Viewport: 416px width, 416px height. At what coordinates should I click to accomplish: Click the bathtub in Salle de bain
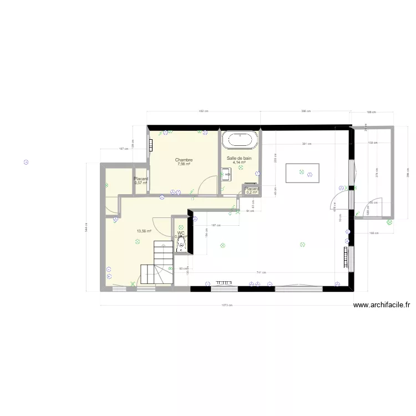(x=240, y=139)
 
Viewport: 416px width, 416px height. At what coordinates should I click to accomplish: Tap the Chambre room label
(x=184, y=160)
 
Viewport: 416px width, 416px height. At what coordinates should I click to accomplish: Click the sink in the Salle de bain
(x=226, y=174)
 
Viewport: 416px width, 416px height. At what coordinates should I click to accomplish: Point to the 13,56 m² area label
(x=144, y=231)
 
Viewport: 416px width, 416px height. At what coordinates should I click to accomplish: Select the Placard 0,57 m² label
(x=141, y=180)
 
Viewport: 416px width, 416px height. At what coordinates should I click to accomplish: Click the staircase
(x=157, y=266)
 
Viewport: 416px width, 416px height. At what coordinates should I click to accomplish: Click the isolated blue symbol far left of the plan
(x=25, y=163)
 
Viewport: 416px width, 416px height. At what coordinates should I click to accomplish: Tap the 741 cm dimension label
(x=261, y=272)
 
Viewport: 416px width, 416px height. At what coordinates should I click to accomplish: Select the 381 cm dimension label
(x=306, y=144)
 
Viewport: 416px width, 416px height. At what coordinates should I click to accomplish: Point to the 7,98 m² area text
(x=184, y=164)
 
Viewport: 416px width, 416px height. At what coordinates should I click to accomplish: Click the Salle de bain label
(x=239, y=158)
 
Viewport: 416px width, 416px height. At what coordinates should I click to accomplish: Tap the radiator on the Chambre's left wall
(x=150, y=145)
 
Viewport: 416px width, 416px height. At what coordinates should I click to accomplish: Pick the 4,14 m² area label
(x=239, y=163)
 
